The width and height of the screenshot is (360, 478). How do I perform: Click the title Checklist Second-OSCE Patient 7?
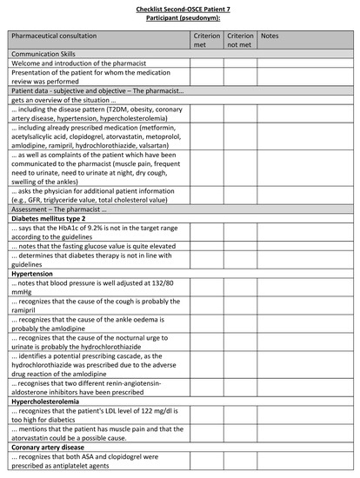point(179,7)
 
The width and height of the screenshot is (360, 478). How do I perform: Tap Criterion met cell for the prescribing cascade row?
point(207,368)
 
